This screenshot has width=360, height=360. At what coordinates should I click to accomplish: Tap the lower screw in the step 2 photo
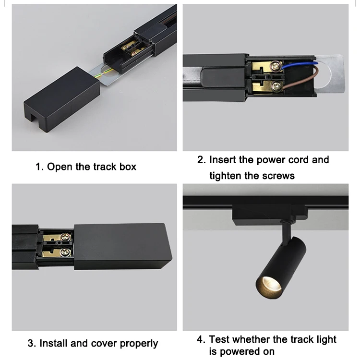(276, 86)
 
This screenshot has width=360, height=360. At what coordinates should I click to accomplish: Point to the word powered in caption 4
(239, 352)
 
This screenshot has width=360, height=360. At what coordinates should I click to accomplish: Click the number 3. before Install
(32, 343)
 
